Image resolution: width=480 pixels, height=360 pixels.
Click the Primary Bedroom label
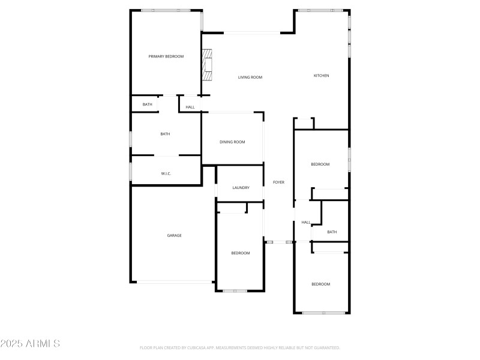coord(166,56)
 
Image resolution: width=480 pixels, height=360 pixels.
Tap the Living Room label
coord(250,77)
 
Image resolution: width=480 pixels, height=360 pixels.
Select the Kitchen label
coord(322,76)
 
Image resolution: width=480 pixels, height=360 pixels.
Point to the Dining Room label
coord(232,142)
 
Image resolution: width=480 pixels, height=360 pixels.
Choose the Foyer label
coord(278,182)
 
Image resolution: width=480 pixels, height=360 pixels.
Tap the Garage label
coord(174,235)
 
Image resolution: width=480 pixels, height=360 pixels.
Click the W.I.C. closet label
coord(166,174)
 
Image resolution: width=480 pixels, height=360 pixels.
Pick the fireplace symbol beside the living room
coord(207,65)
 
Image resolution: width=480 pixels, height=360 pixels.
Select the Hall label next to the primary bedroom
coord(190,107)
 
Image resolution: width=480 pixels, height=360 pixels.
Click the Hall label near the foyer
coord(306,223)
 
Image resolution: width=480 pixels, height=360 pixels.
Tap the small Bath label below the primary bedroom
coord(147,104)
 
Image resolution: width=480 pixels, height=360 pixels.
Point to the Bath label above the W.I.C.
coord(165,134)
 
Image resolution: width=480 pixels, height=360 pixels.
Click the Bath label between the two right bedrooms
coord(332,232)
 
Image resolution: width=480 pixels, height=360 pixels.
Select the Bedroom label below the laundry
coord(241,253)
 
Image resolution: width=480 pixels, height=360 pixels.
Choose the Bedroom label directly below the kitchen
coord(320,164)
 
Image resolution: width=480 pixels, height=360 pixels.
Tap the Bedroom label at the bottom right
coord(320,284)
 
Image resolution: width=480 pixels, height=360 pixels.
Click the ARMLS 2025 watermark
coord(30,344)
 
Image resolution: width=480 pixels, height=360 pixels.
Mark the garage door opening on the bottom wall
coord(174,281)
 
